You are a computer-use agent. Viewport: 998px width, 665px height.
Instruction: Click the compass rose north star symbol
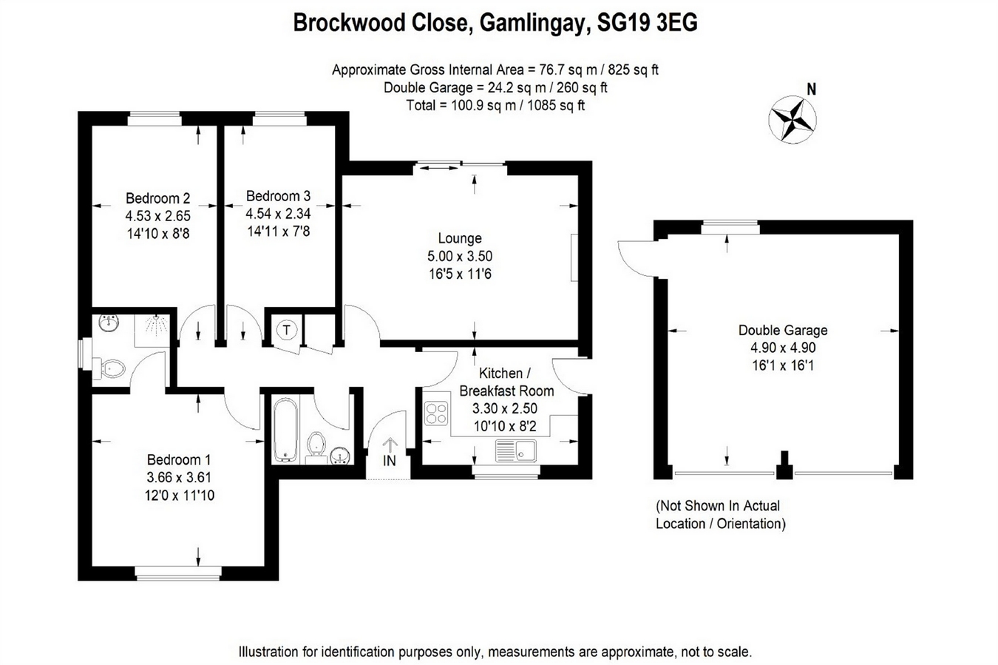[x=792, y=118]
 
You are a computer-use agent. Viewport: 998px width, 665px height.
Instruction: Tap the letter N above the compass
[x=811, y=90]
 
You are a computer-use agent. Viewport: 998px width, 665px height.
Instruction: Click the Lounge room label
[x=459, y=238]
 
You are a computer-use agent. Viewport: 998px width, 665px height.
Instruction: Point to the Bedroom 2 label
[x=157, y=198]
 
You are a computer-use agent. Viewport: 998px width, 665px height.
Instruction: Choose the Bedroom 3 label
[x=278, y=196]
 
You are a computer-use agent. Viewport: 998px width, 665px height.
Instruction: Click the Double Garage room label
[x=783, y=330]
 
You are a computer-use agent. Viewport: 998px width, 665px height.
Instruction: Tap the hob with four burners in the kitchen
[x=435, y=413]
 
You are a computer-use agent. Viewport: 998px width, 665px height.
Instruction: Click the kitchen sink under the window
[x=515, y=448]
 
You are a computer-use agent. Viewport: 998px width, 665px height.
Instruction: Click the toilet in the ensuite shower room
[x=111, y=368]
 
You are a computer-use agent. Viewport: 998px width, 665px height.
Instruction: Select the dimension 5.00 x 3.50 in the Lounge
[x=459, y=256]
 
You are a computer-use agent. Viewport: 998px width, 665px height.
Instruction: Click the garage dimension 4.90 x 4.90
[x=783, y=348]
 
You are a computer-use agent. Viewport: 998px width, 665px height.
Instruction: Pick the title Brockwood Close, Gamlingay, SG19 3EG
[x=495, y=23]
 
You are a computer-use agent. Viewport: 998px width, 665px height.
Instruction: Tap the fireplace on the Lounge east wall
[x=574, y=257]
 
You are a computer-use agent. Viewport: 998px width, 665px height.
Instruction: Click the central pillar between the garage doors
[x=784, y=466]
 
